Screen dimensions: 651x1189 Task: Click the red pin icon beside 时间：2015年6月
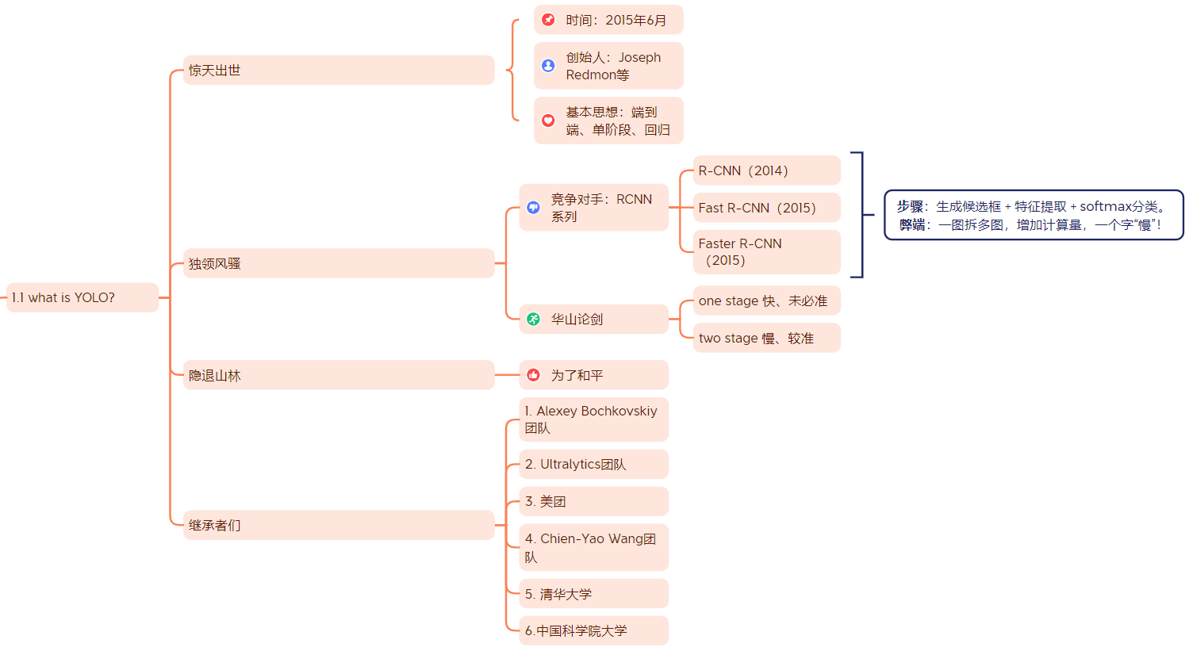[548, 20]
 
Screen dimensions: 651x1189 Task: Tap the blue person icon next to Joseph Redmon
[548, 66]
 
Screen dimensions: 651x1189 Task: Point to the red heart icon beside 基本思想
[548, 121]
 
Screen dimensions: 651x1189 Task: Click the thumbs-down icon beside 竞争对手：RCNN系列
[534, 208]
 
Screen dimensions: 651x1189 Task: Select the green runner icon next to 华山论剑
[534, 319]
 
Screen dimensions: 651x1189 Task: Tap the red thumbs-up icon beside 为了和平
[534, 375]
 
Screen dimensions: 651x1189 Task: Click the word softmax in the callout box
[1106, 206]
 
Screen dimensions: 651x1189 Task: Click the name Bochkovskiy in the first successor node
[619, 411]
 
